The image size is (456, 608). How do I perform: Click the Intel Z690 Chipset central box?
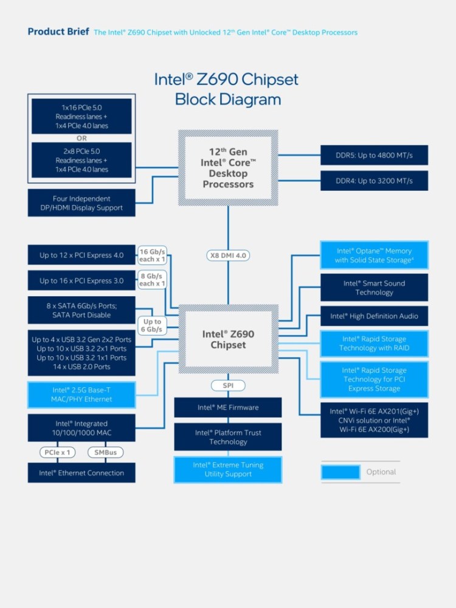pos(228,339)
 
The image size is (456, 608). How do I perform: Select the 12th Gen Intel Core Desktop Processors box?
pos(228,168)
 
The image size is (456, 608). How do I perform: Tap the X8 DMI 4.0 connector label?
pos(228,255)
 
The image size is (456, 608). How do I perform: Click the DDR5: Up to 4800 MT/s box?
pos(374,155)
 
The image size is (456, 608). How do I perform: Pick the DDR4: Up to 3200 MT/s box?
pos(374,181)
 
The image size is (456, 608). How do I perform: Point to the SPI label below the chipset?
pos(228,385)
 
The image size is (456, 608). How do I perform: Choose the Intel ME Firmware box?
pos(228,407)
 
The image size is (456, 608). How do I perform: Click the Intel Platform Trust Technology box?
pos(228,437)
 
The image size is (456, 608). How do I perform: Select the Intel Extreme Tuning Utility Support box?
pos(228,469)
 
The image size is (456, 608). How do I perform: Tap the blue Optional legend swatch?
pos(340,472)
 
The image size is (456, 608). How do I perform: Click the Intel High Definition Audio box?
pos(374,316)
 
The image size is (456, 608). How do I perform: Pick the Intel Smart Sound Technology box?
pos(374,288)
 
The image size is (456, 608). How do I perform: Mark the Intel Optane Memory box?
pos(374,255)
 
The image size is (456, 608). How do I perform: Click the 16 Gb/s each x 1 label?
pos(152,255)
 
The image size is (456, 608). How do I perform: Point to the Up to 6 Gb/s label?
pos(152,325)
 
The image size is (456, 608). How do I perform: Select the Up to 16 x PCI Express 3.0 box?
pos(81,281)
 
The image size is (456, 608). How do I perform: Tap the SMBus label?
pos(106,452)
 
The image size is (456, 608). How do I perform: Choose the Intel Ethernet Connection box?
pos(81,473)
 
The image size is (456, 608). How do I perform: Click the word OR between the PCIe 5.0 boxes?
pos(81,138)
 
